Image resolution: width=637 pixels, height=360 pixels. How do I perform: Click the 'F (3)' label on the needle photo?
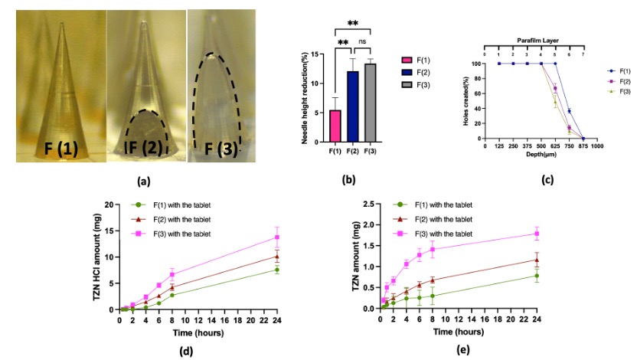[x=218, y=145]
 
